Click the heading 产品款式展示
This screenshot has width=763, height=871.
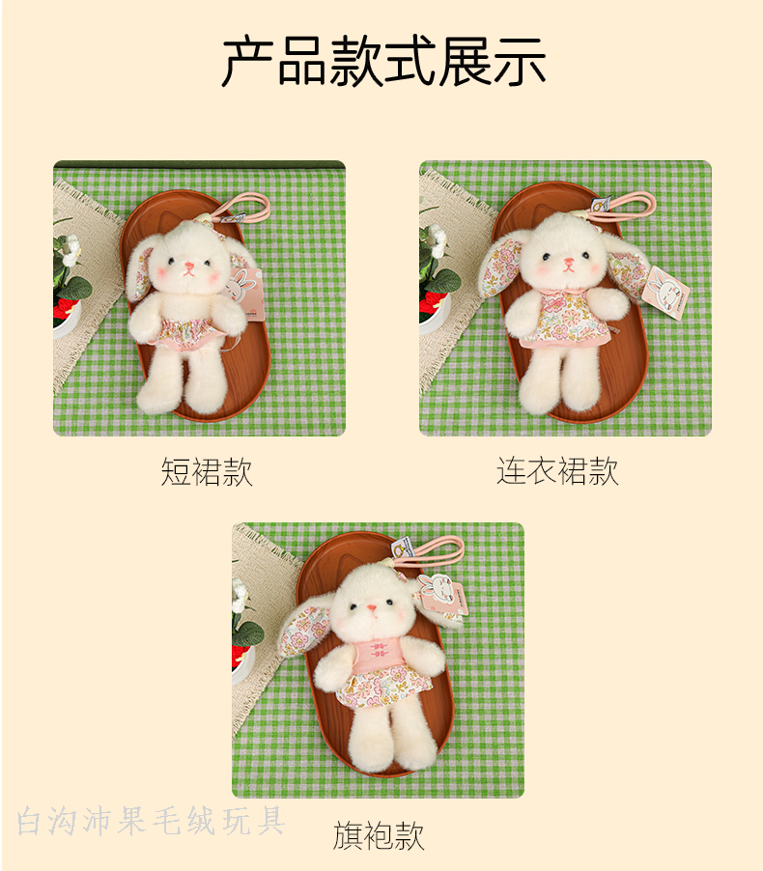[383, 61]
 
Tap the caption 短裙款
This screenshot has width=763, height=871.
[207, 472]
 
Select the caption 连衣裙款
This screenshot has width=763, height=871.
[557, 471]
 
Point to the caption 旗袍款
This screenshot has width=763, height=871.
[379, 835]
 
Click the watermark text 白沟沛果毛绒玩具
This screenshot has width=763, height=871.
[151, 821]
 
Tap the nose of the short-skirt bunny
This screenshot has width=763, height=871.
[189, 267]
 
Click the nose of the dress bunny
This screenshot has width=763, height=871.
[568, 262]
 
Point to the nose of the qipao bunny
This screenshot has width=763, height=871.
[371, 607]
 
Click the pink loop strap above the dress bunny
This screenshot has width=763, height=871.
[627, 205]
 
